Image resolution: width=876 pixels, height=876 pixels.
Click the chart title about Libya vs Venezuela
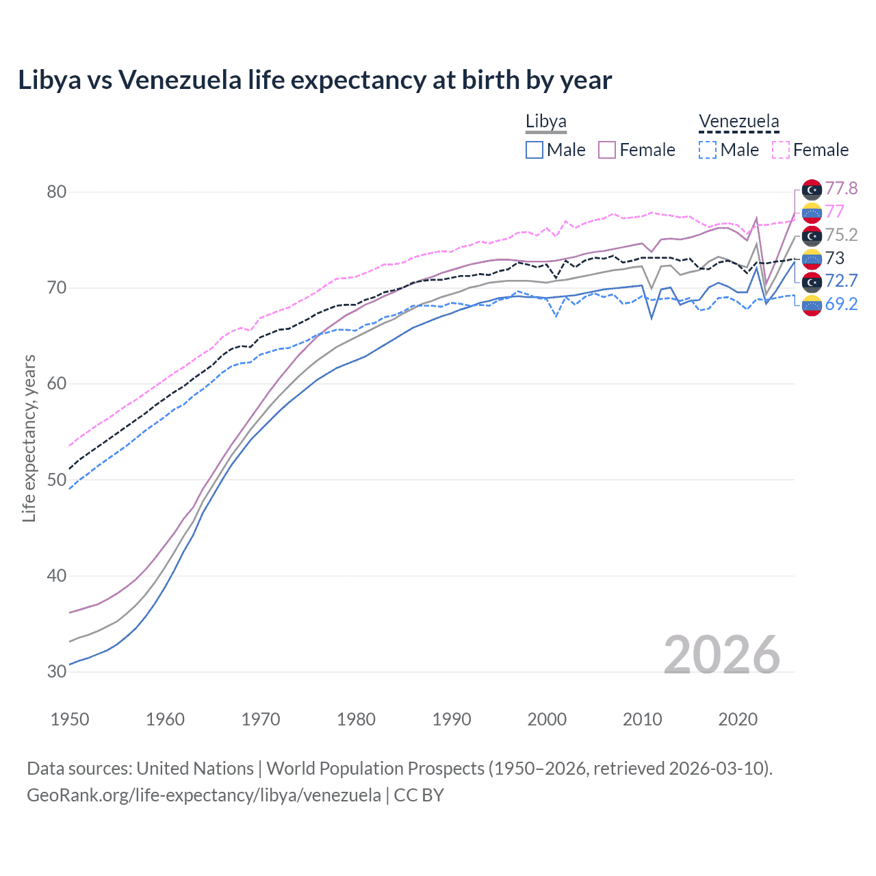point(315,80)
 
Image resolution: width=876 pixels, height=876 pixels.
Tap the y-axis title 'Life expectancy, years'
point(29,438)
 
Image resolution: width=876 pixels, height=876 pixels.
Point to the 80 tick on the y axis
point(57,192)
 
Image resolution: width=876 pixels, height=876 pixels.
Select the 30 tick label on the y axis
point(57,671)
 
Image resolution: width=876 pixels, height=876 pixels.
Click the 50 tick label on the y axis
point(57,480)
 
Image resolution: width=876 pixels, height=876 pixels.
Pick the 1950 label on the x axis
point(70,719)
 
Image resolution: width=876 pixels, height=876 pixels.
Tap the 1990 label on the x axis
point(452,719)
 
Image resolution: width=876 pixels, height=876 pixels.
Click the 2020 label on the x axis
point(738,719)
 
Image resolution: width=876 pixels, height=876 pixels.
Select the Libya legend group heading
point(545,122)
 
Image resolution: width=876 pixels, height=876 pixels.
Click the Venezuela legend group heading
point(738,122)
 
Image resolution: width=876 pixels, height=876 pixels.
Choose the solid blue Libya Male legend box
point(534,150)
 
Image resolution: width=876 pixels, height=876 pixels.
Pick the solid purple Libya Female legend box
point(607,150)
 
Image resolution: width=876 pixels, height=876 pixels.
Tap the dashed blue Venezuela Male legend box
point(708,150)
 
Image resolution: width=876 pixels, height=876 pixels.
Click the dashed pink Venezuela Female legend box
point(781,150)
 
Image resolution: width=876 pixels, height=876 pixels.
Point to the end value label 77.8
point(841,188)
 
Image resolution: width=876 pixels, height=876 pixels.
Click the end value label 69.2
point(841,304)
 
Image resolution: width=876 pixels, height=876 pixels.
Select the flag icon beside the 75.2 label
point(812,235)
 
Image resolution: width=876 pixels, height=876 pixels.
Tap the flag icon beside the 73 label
point(812,259)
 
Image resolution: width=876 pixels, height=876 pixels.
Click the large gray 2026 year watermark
point(721,655)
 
